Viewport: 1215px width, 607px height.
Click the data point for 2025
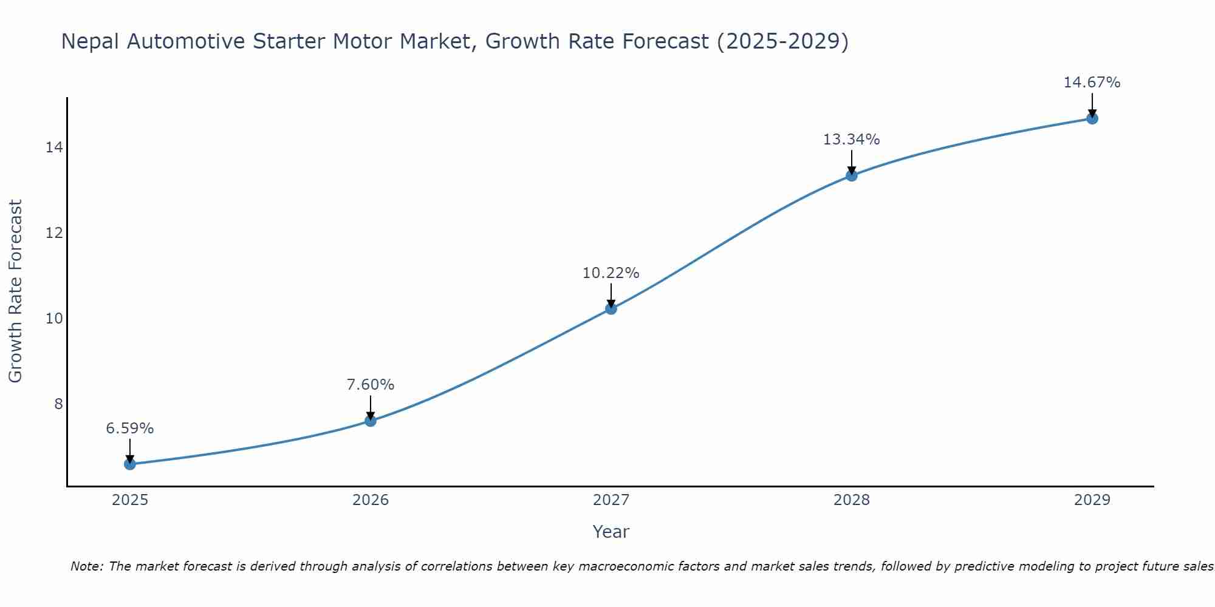(x=130, y=464)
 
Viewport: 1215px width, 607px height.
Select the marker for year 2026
(x=371, y=421)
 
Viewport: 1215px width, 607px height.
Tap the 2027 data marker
(x=611, y=308)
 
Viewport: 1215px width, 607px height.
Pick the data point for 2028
(x=852, y=175)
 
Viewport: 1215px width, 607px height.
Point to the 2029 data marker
(x=1092, y=118)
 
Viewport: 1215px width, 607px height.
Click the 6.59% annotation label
(x=130, y=429)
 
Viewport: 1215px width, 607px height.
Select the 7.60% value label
(x=371, y=385)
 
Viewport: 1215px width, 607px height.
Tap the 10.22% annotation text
(x=611, y=273)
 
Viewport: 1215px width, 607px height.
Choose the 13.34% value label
(x=852, y=140)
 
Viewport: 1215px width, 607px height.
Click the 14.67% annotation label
(x=1092, y=83)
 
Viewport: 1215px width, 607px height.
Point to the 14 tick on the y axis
(x=55, y=148)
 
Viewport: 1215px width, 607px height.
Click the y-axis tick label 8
(x=58, y=404)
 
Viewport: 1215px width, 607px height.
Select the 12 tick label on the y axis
(x=55, y=233)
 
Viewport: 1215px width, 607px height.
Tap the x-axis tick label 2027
(x=611, y=500)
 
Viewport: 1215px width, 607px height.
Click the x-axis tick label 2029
(x=1092, y=500)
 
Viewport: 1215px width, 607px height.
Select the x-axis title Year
(x=611, y=532)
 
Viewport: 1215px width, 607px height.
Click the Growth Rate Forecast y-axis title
(x=16, y=291)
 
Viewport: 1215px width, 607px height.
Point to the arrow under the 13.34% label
(x=852, y=163)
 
